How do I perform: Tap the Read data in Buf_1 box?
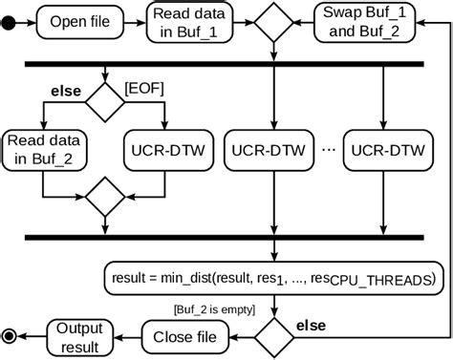click(188, 20)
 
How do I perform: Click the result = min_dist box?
click(273, 278)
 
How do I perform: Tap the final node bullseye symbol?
click(11, 335)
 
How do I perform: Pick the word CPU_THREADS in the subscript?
click(378, 282)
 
